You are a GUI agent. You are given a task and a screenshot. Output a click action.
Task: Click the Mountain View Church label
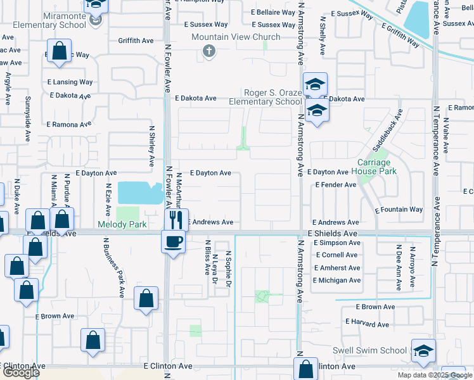(236, 37)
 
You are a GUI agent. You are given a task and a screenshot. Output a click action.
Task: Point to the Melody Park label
(122, 224)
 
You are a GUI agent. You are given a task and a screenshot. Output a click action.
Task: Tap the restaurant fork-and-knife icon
(176, 219)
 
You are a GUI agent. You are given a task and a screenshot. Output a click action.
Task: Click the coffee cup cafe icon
(173, 241)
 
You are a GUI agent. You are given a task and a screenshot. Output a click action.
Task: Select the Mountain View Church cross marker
(209, 51)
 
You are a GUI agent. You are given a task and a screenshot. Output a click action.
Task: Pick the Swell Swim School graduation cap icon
(423, 351)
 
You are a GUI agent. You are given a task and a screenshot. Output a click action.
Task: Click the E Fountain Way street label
(399, 210)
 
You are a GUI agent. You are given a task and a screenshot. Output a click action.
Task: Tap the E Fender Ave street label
(336, 185)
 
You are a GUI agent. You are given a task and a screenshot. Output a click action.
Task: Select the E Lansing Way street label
(70, 82)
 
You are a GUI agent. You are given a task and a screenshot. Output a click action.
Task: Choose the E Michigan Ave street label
(337, 280)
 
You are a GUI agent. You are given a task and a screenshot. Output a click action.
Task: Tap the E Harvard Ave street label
(367, 322)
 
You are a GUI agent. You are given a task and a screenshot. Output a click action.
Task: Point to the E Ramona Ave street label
(70, 125)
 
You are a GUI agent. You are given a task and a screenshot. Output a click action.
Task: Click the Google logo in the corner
(21, 372)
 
